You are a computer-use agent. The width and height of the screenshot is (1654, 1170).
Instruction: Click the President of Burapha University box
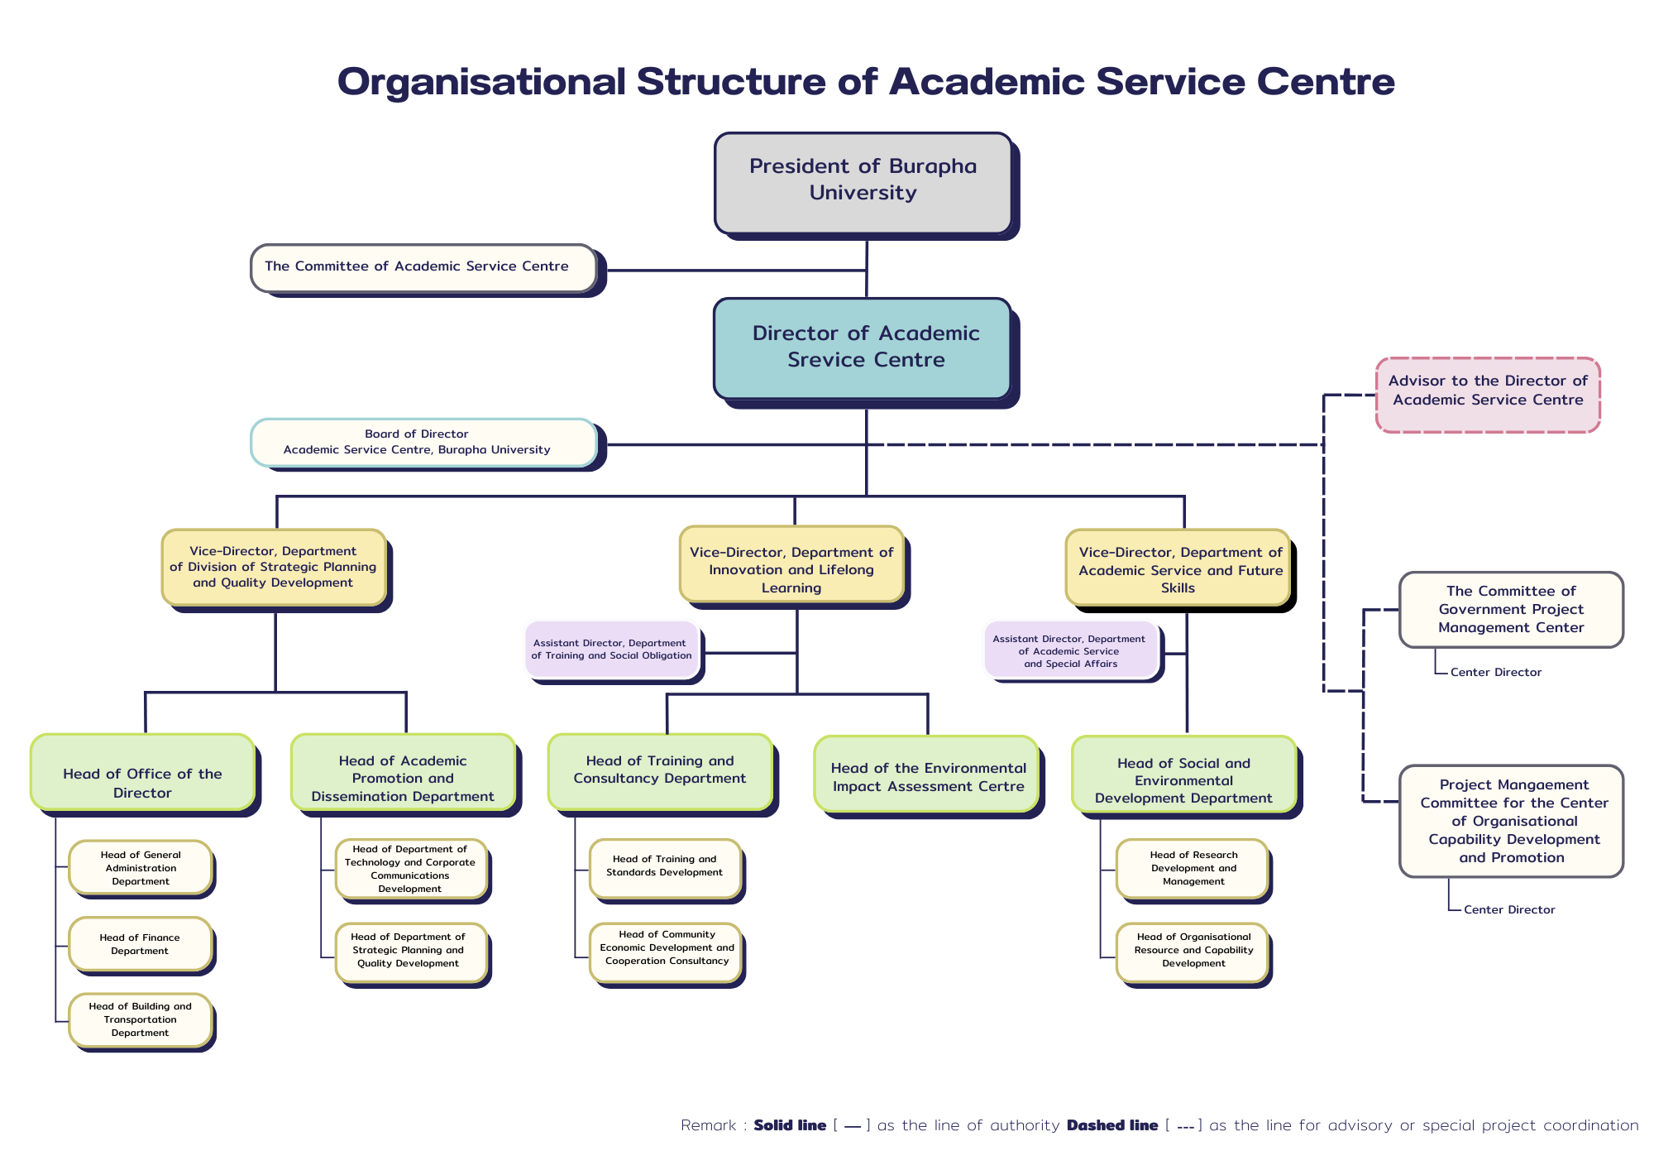point(863,182)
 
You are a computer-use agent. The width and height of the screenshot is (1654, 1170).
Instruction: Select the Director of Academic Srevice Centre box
point(863,348)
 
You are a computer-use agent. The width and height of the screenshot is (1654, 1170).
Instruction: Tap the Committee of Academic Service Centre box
point(423,267)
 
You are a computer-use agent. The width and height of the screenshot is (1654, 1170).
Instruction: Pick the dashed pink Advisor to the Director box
point(1488,394)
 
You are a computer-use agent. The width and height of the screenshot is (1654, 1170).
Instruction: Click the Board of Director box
point(423,442)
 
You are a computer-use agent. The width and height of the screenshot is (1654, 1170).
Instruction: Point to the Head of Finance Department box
point(140,944)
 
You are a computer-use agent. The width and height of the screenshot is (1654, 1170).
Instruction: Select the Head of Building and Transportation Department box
point(140,1019)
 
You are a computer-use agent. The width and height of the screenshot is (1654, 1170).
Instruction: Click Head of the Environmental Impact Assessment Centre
point(927,776)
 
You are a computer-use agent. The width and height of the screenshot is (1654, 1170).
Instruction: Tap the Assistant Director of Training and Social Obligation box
point(612,650)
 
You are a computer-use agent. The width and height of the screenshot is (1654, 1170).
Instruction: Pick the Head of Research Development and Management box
point(1193,868)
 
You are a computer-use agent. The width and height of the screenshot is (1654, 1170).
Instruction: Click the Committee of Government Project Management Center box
point(1510,609)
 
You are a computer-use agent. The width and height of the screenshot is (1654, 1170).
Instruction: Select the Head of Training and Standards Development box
point(664,867)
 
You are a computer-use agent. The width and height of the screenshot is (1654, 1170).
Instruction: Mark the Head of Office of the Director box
point(142,773)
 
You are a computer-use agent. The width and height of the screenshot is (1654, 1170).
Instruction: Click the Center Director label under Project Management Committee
point(1509,909)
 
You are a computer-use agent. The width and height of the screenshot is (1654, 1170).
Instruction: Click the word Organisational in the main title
point(481,81)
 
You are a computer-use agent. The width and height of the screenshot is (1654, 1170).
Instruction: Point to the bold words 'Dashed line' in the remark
point(1111,1125)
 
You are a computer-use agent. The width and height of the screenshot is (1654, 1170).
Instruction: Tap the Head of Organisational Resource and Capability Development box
point(1193,952)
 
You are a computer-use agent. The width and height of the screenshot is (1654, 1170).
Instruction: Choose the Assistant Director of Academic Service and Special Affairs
point(1070,651)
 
